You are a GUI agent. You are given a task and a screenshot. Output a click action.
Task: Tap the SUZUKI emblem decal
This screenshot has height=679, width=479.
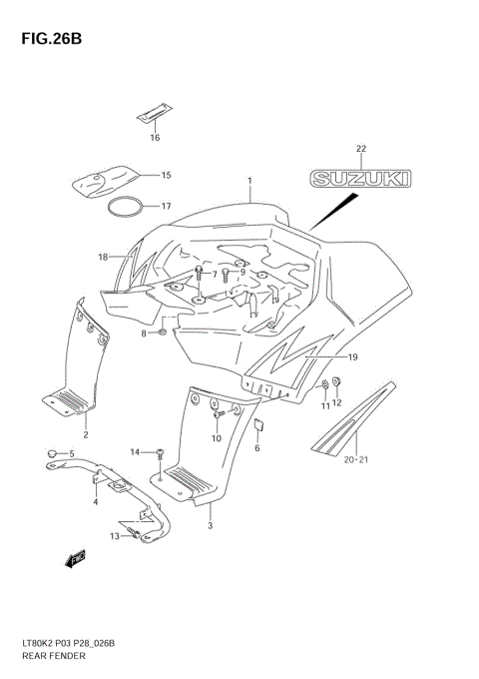click(x=361, y=179)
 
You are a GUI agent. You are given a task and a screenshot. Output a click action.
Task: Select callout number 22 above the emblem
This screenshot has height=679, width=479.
click(x=361, y=150)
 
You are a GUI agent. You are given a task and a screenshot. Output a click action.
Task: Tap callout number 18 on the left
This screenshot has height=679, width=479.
click(x=102, y=257)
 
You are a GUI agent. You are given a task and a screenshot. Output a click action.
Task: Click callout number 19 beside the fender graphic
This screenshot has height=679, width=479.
click(x=352, y=356)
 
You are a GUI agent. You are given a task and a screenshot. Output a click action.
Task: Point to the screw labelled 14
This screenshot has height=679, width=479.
click(x=160, y=454)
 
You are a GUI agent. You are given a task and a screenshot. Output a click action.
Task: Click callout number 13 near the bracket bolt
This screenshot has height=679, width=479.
click(x=115, y=536)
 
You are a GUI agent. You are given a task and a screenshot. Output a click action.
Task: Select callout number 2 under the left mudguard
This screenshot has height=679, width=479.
click(x=86, y=435)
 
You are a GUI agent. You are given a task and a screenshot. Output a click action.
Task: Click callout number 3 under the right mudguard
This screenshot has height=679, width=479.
click(x=211, y=525)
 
